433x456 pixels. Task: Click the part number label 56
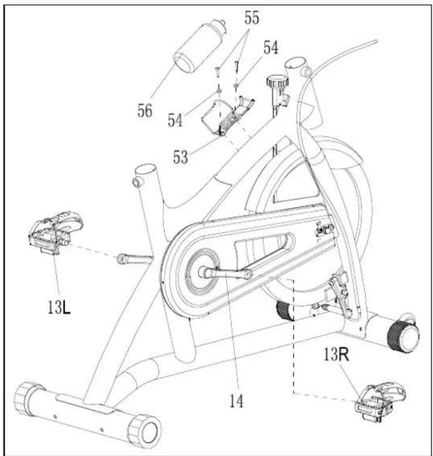[x=145, y=110]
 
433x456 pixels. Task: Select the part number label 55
[x=251, y=18]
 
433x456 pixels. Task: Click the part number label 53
[x=181, y=157]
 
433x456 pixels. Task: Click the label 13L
[x=59, y=307]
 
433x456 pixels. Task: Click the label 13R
[x=336, y=354]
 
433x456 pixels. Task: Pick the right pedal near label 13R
[x=380, y=402]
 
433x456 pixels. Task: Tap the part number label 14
[x=237, y=402]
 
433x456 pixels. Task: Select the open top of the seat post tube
[x=145, y=168]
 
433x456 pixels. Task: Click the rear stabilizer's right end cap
[x=144, y=431]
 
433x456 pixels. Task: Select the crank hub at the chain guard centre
[x=202, y=272]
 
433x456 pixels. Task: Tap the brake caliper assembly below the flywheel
[x=339, y=294]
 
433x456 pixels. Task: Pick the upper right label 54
[x=271, y=47]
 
